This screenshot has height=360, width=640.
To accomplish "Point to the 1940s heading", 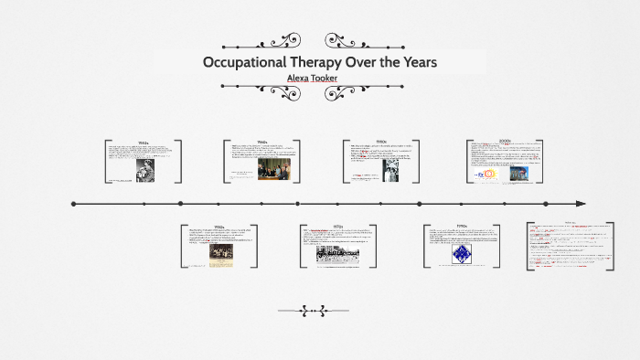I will coord(143,143).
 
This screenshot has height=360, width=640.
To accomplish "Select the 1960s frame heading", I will coord(261,142).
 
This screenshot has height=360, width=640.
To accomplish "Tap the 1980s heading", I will coord(380,142).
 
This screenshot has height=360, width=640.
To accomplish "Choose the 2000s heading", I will coord(505,141).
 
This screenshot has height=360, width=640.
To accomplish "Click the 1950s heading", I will coord(219,226).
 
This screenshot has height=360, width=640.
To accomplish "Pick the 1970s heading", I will coord(337,226).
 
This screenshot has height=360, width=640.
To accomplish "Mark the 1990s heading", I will coord(462,226).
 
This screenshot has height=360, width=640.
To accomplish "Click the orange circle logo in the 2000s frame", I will coord(489,173).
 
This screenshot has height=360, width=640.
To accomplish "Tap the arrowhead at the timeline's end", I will coord(581,204).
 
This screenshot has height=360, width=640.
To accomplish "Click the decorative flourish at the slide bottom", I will coord(319,310).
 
